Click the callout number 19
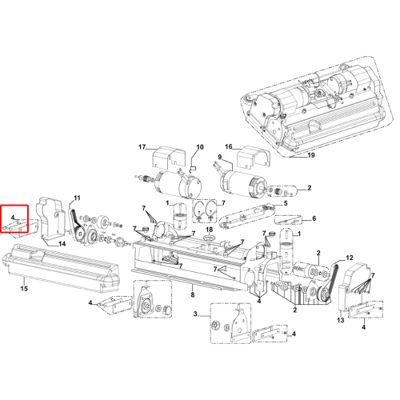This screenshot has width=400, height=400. pyautogui.click(x=311, y=155)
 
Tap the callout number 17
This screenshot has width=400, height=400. pyautogui.click(x=142, y=147)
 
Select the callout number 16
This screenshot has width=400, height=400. pyautogui.click(x=229, y=146)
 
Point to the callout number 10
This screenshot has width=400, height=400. pyautogui.click(x=200, y=147)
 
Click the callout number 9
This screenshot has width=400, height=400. pyautogui.click(x=220, y=157)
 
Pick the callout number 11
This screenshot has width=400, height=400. pyautogui.click(x=77, y=198)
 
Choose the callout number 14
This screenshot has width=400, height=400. pyautogui.click(x=62, y=244)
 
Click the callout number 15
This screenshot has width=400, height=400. pyautogui.click(x=24, y=289)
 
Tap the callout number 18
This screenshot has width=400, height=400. pyautogui.click(x=210, y=230)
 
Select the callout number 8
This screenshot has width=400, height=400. pyautogui.click(x=193, y=294)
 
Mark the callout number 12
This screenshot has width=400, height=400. pyautogui.click(x=350, y=258)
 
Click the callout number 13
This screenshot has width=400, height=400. pyautogui.click(x=341, y=320)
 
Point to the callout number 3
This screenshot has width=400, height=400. pyautogui.click(x=195, y=314)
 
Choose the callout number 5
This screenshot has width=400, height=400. pyautogui.click(x=286, y=203)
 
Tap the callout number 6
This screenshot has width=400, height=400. pyautogui.click(x=314, y=218)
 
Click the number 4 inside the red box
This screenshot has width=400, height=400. pyautogui.click(x=13, y=218)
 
